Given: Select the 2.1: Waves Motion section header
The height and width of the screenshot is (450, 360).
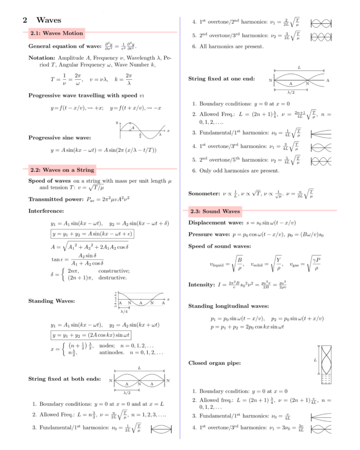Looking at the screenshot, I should [56, 33].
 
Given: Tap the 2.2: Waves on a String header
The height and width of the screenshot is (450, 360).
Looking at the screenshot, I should [62, 170].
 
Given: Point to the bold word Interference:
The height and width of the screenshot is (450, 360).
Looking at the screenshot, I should [46, 211].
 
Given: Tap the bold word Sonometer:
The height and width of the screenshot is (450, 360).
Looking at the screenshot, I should [204, 193].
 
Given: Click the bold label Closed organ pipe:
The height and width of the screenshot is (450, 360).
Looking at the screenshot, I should [214, 363].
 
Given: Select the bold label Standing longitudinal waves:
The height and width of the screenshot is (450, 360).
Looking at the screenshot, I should [228, 306].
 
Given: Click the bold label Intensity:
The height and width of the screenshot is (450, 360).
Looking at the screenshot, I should [201, 285].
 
